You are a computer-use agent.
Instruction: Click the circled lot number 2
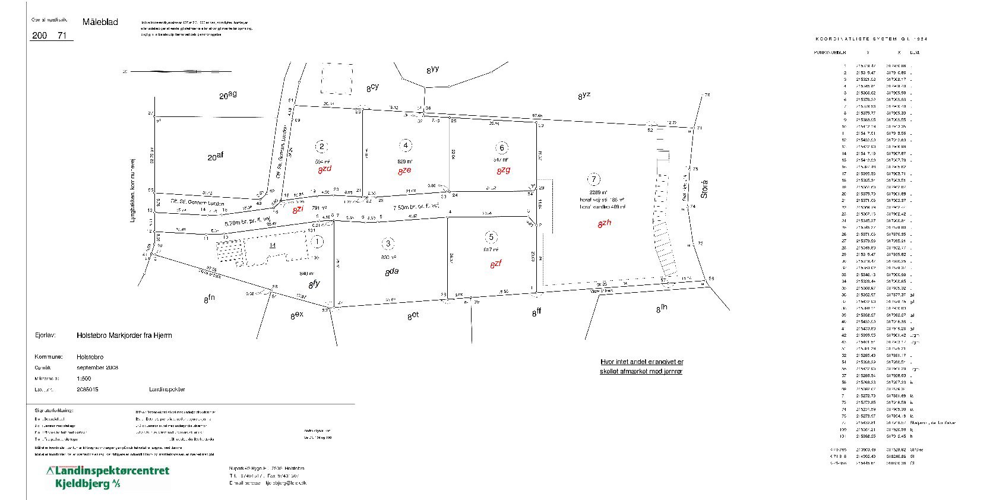tap(322, 147)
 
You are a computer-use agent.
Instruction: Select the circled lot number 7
tap(593, 179)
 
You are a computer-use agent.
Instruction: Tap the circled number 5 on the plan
tap(491, 238)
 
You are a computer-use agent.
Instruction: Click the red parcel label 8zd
tap(324, 169)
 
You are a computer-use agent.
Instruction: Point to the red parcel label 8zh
tap(604, 223)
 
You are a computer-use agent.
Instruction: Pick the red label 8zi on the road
tap(298, 209)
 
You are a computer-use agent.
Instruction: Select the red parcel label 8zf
tap(496, 264)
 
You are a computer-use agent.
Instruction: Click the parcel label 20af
tap(214, 157)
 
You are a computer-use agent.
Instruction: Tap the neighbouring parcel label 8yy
tap(432, 70)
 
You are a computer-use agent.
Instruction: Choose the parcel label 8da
tap(391, 272)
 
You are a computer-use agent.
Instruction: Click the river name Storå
tap(704, 189)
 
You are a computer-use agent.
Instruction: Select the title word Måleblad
tap(100, 22)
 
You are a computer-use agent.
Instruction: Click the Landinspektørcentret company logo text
tap(108, 471)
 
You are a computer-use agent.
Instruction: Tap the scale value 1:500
tap(84, 378)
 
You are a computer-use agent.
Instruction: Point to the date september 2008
tap(97, 368)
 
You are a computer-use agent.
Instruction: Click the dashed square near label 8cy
tap(336, 78)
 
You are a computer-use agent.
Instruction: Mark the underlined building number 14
tap(273, 245)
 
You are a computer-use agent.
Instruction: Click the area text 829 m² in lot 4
tap(405, 161)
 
